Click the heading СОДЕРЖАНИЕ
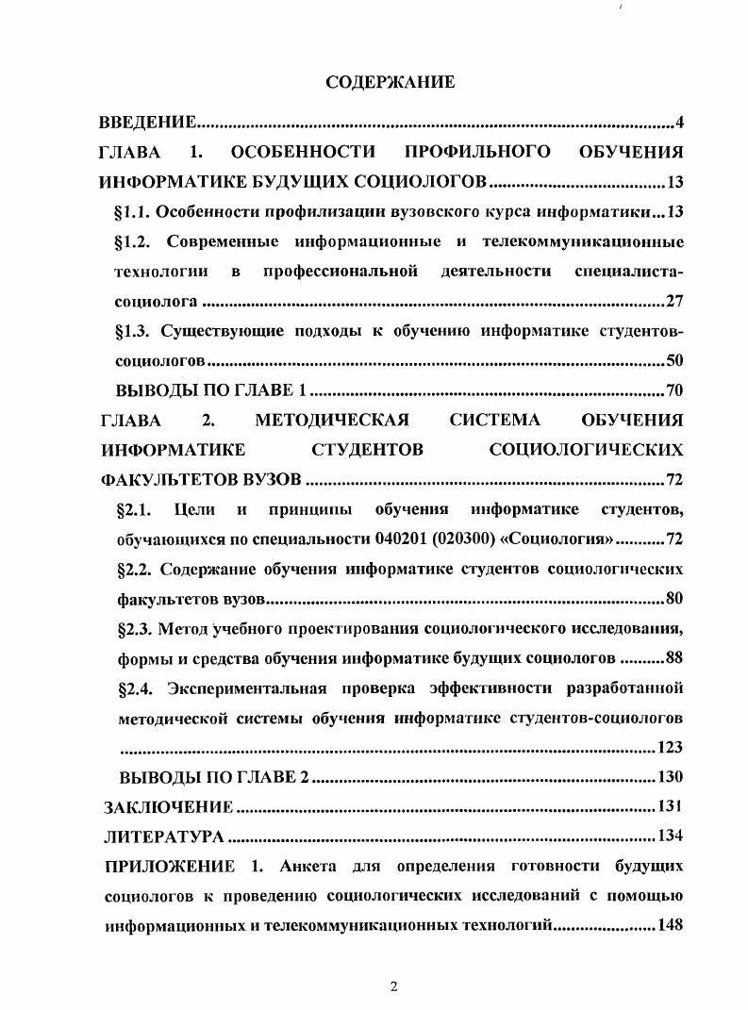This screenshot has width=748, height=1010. [x=390, y=82]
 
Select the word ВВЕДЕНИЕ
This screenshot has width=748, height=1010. [x=148, y=122]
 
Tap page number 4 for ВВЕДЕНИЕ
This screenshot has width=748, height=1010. [x=679, y=122]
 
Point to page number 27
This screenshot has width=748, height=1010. [x=673, y=302]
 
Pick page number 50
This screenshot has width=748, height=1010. [x=673, y=361]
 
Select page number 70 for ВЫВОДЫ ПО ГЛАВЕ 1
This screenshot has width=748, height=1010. [x=673, y=391]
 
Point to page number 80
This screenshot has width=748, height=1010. [x=673, y=599]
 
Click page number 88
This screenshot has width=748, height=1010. [x=673, y=657]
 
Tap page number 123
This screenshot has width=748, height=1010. [x=669, y=748]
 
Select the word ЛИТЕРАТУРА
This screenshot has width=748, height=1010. [x=163, y=836]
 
